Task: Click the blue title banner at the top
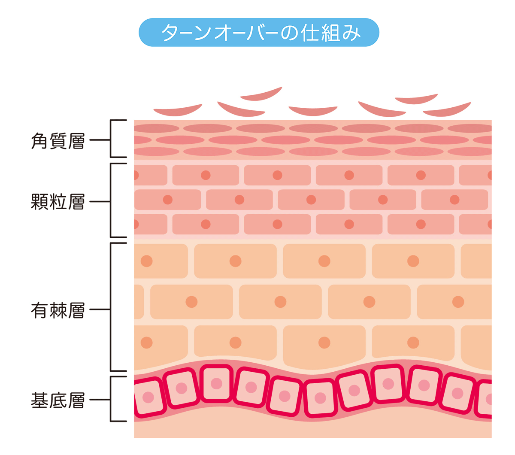(259, 33)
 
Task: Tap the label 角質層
(58, 141)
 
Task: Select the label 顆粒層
(58, 201)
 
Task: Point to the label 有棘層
(58, 310)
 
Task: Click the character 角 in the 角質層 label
(39, 141)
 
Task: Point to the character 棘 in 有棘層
(58, 310)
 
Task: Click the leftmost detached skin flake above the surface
(177, 111)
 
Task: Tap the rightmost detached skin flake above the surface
(447, 110)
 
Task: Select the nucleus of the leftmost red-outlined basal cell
(148, 397)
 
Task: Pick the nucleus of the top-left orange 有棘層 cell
(147, 261)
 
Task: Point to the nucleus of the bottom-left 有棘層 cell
(147, 343)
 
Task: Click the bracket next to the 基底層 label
(112, 399)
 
